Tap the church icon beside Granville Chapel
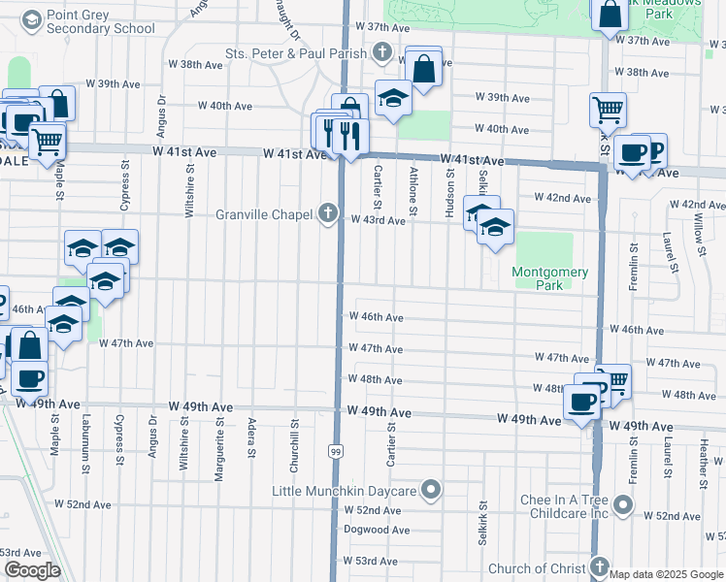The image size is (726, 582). point(330,213)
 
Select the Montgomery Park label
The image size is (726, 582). point(550,279)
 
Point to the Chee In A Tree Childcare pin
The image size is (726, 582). point(623,505)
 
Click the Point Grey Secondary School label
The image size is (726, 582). point(100,21)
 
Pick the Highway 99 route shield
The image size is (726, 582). point(335,451)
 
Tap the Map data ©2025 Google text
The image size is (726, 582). point(666,574)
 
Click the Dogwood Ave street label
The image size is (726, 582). point(378,530)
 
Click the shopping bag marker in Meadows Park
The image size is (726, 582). point(610,15)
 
